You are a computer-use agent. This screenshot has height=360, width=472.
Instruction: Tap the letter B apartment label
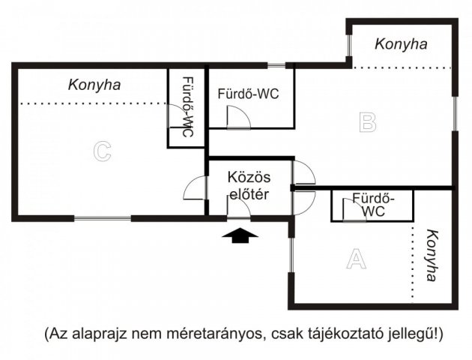point(367,121)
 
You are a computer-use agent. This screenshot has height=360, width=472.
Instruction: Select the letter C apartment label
point(102,151)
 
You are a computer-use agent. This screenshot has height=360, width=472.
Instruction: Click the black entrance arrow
point(240,236)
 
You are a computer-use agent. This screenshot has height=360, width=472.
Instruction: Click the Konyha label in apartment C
point(94,84)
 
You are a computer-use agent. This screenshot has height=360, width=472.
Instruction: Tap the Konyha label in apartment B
point(402,44)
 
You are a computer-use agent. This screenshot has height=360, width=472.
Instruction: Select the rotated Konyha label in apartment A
point(431,255)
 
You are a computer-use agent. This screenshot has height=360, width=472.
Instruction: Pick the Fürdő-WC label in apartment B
point(248,94)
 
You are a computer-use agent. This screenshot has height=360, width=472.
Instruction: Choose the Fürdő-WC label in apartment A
point(372,205)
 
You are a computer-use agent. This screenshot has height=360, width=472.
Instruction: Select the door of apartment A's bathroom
point(349,211)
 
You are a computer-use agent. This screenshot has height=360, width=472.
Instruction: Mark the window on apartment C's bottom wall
point(103,218)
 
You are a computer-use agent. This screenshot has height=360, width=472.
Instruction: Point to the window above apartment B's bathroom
point(276,65)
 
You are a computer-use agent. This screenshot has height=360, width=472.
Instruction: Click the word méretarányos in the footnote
point(215,332)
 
